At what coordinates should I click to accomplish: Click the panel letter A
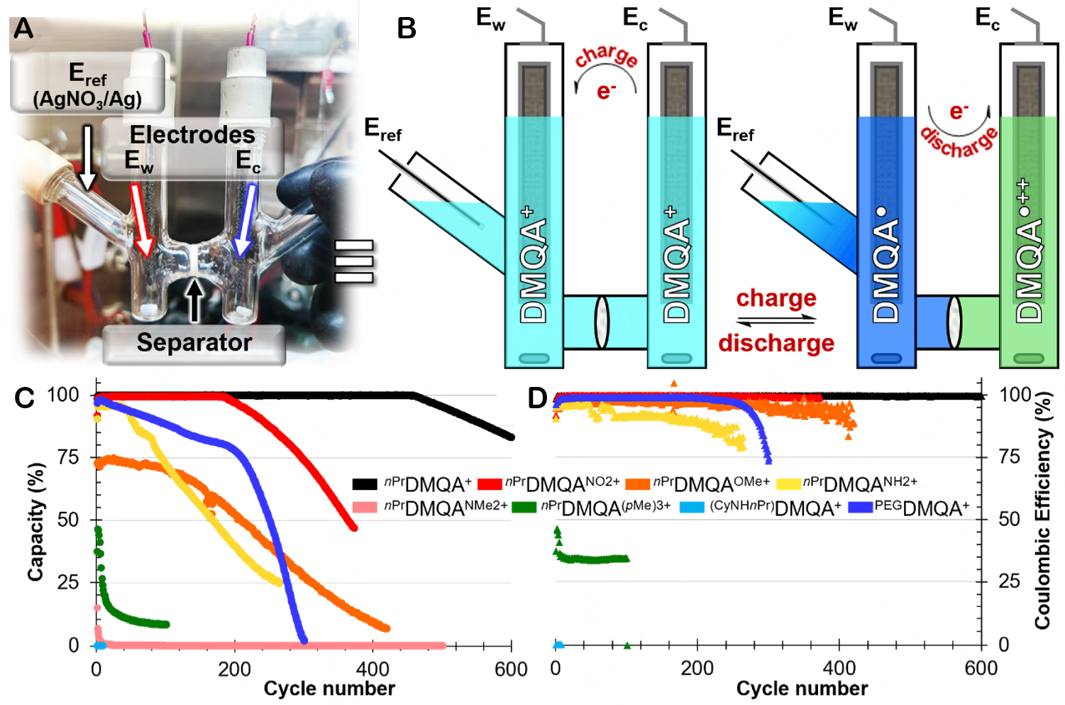(x=23, y=28)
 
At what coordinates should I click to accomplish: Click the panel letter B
(x=406, y=28)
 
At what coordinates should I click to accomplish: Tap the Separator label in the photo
(x=194, y=343)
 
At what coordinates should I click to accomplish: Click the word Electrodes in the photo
(x=192, y=134)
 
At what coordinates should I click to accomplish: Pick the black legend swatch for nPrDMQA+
(x=365, y=484)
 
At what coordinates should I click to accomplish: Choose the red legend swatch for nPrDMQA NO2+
(x=490, y=484)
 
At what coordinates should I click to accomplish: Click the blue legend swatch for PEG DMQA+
(x=860, y=508)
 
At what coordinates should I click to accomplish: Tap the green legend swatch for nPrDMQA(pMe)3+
(x=524, y=508)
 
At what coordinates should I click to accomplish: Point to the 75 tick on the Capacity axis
(x=68, y=457)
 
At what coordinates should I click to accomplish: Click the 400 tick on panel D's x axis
(x=839, y=668)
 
